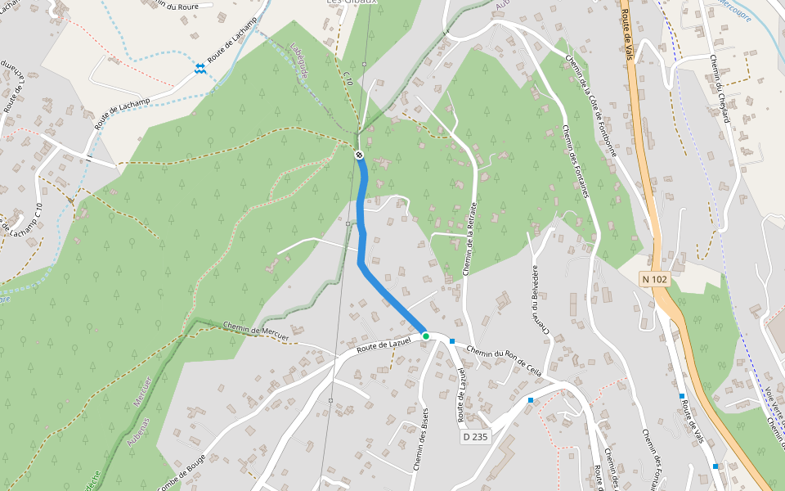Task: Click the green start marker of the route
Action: point(426,336)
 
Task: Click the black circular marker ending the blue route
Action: point(359,155)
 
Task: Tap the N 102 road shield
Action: point(655,279)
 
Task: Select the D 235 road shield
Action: point(474,437)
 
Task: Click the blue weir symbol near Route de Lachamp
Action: point(200,68)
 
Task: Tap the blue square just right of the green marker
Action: point(451,340)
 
